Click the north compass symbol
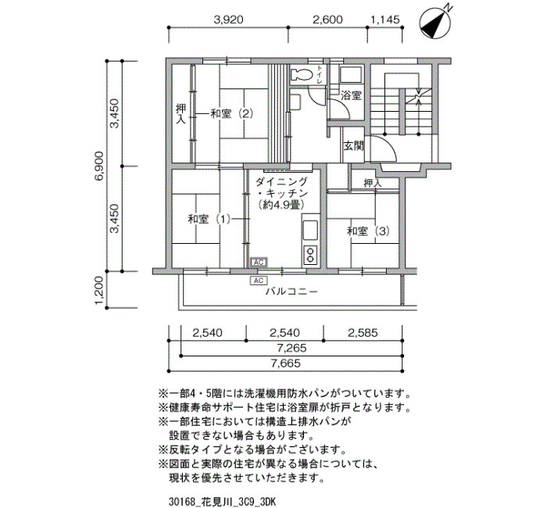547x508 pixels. pos(434,23)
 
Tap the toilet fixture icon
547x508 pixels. pos(302,74)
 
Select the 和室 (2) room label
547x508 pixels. pos(231,114)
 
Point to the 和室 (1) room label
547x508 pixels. pos(209,219)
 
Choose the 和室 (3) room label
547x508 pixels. pos(368,231)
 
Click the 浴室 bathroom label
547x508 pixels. pos(351,95)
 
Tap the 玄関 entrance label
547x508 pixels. pos(354,145)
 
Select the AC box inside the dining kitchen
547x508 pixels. pos(259,262)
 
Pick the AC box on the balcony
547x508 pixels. pos(259,281)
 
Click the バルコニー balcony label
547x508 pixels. pos(291,291)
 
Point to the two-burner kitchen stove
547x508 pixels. pos(310,254)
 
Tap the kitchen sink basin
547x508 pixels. pos(310,230)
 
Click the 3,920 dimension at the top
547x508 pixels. pos(228,20)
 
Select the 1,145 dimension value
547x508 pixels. pos(385,20)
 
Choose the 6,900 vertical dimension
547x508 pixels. pos(100,166)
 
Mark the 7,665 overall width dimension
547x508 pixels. pos(285,363)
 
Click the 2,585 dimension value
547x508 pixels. pos(363,332)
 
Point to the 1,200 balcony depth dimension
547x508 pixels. pos(100,290)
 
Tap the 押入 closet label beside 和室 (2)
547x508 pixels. pos(181,114)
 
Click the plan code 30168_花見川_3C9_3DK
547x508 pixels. pos(223,502)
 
